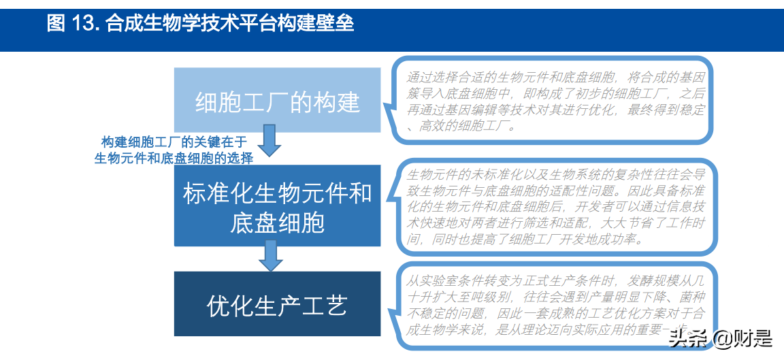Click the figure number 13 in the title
84,24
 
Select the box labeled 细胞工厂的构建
277,100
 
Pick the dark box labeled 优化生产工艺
277,304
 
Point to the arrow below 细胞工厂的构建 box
271,139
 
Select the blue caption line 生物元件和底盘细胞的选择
174,158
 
